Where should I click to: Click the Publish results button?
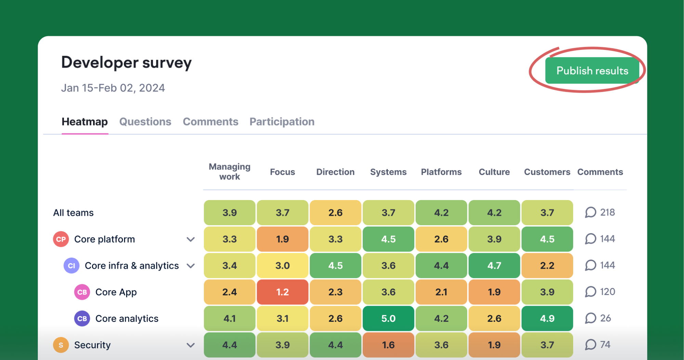pyautogui.click(x=592, y=71)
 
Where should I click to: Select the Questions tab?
pyautogui.click(x=145, y=122)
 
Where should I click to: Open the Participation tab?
pyautogui.click(x=282, y=122)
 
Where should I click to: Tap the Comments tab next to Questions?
pyautogui.click(x=210, y=122)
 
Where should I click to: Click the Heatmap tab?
pyautogui.click(x=84, y=122)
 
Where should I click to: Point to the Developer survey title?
pyautogui.click(x=126, y=63)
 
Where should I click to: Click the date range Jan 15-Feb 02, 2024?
pyautogui.click(x=113, y=88)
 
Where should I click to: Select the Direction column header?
pyautogui.click(x=335, y=172)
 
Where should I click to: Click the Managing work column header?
pyautogui.click(x=229, y=172)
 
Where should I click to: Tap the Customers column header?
pyautogui.click(x=547, y=172)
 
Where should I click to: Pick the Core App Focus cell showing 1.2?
pyautogui.click(x=282, y=292)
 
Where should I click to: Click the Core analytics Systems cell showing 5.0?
pyautogui.click(x=388, y=319)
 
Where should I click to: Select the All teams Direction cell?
pyautogui.click(x=335, y=213)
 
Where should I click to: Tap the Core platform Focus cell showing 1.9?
pyautogui.click(x=282, y=239)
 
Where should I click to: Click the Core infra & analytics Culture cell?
pyautogui.click(x=494, y=266)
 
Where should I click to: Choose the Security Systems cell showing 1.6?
pyautogui.click(x=388, y=345)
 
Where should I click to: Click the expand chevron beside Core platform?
pyautogui.click(x=190, y=239)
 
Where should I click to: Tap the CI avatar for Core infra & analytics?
pyautogui.click(x=71, y=266)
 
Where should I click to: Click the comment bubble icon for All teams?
pyautogui.click(x=591, y=212)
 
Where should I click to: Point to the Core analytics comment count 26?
pyautogui.click(x=605, y=318)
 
